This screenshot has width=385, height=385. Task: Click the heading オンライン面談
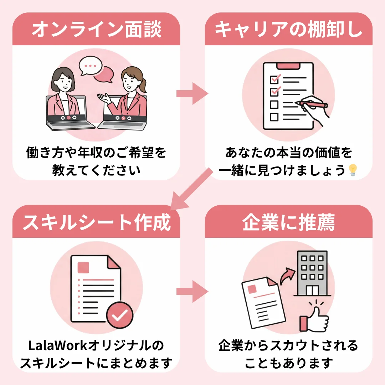(96, 30)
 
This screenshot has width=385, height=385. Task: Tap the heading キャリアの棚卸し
(288, 30)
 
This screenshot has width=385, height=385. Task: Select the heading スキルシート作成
(96, 222)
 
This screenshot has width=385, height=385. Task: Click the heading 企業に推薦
(288, 222)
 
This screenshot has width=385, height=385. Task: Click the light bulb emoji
(353, 170)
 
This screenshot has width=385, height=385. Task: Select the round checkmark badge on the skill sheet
(120, 315)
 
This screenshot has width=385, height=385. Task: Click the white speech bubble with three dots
(90, 66)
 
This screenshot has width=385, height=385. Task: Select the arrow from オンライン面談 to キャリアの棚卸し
(192, 94)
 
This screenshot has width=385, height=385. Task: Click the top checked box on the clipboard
(274, 78)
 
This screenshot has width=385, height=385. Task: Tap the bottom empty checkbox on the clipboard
(274, 117)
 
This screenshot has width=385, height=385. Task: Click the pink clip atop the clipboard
(288, 66)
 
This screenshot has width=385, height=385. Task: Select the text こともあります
(288, 363)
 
